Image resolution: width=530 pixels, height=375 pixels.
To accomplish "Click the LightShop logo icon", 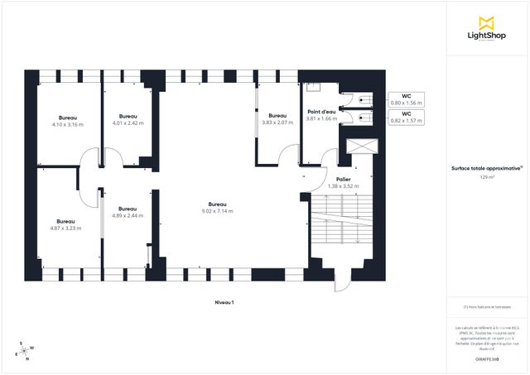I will (x=487, y=22).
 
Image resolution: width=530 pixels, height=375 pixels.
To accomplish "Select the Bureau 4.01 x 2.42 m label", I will (x=128, y=119).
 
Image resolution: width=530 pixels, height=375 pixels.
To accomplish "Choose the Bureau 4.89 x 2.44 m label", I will (x=128, y=212).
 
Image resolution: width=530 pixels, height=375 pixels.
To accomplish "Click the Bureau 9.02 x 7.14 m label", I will (x=217, y=208).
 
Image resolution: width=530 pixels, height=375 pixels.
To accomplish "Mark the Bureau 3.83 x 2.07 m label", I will (x=277, y=119).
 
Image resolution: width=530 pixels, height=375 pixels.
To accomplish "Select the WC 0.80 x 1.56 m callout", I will (x=406, y=99).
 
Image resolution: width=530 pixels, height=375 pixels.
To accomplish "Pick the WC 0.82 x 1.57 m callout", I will (x=406, y=117).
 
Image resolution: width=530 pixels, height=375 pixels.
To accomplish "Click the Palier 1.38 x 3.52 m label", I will (x=343, y=183).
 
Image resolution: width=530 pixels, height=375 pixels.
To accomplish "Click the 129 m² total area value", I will (x=487, y=177).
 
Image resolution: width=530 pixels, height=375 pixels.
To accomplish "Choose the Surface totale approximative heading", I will (x=487, y=168).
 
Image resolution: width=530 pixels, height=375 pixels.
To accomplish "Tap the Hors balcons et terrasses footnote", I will (x=487, y=308).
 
